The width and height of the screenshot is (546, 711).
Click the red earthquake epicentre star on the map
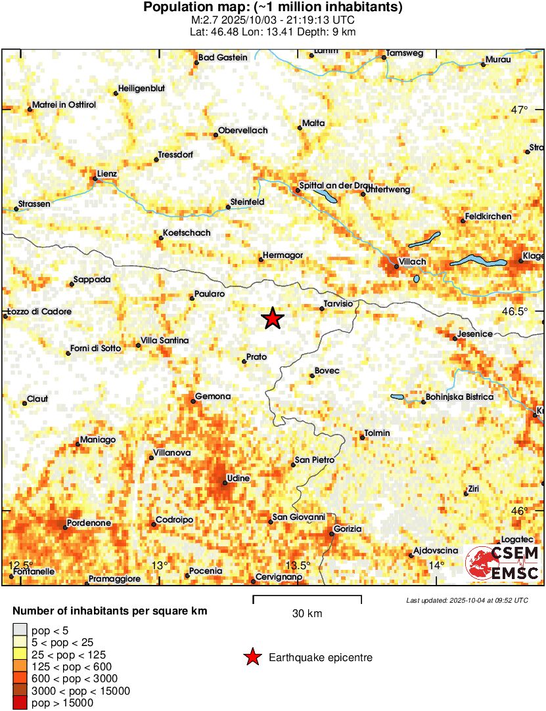[x=273, y=318]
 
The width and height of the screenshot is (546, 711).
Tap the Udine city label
[x=238, y=479]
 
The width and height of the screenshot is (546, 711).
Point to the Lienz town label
[x=106, y=174]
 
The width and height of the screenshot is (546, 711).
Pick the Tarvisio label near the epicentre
[x=339, y=304]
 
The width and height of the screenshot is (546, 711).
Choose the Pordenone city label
[x=91, y=523]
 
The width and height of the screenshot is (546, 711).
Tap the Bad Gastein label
[x=223, y=58]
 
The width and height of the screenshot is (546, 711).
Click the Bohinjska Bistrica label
[x=459, y=397]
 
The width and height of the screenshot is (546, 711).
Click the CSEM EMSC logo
[x=503, y=563]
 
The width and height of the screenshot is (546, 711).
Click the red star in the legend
[x=251, y=657]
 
